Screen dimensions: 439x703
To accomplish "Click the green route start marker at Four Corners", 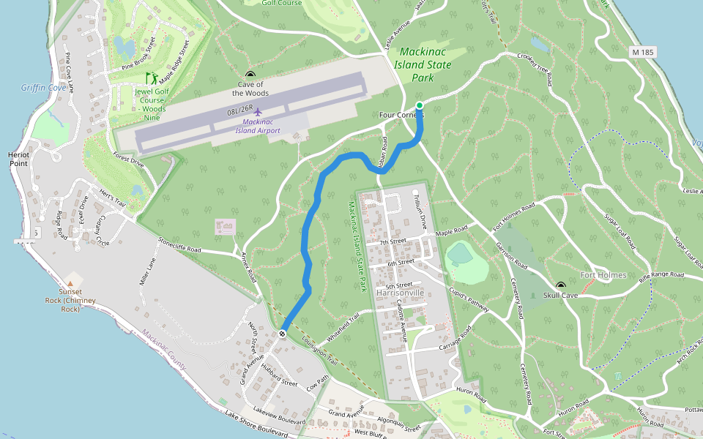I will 420,106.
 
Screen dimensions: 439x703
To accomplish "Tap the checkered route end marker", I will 282,334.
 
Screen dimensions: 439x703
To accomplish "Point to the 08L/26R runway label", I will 239,111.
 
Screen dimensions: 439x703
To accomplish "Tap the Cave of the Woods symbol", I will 250,75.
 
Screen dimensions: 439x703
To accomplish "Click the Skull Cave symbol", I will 561,286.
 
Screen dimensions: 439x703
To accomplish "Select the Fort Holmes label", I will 603,275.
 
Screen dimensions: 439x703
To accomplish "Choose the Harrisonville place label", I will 400,292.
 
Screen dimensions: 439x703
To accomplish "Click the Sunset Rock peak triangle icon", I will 70,282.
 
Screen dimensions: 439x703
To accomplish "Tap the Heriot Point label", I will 18,159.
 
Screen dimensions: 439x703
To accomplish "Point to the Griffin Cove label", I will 43,88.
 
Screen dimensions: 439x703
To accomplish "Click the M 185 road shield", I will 643,53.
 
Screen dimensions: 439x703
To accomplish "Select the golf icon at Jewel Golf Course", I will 152,78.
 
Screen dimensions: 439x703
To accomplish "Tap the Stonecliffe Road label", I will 179,244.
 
